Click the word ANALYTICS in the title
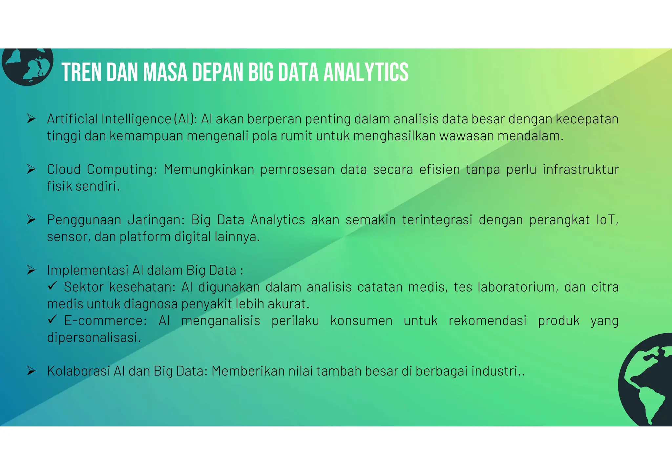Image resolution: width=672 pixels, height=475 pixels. (x=366, y=72)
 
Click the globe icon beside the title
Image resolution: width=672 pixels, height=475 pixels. (x=27, y=66)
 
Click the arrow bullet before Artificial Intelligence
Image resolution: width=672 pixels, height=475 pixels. (x=31, y=119)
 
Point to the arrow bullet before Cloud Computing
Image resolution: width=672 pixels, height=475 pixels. (x=31, y=169)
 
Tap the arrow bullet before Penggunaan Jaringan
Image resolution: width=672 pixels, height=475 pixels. (x=31, y=219)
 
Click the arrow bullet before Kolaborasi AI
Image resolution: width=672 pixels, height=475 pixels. (x=31, y=371)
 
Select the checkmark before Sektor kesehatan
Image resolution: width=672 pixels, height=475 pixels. (x=52, y=286)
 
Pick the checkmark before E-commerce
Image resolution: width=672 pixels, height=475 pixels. (x=52, y=320)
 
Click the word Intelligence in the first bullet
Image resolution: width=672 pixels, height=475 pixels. (x=136, y=119)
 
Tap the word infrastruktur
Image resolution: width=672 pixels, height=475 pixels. (x=580, y=170)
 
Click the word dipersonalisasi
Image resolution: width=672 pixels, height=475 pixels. (x=94, y=338)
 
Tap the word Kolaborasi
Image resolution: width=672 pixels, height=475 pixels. (x=78, y=371)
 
